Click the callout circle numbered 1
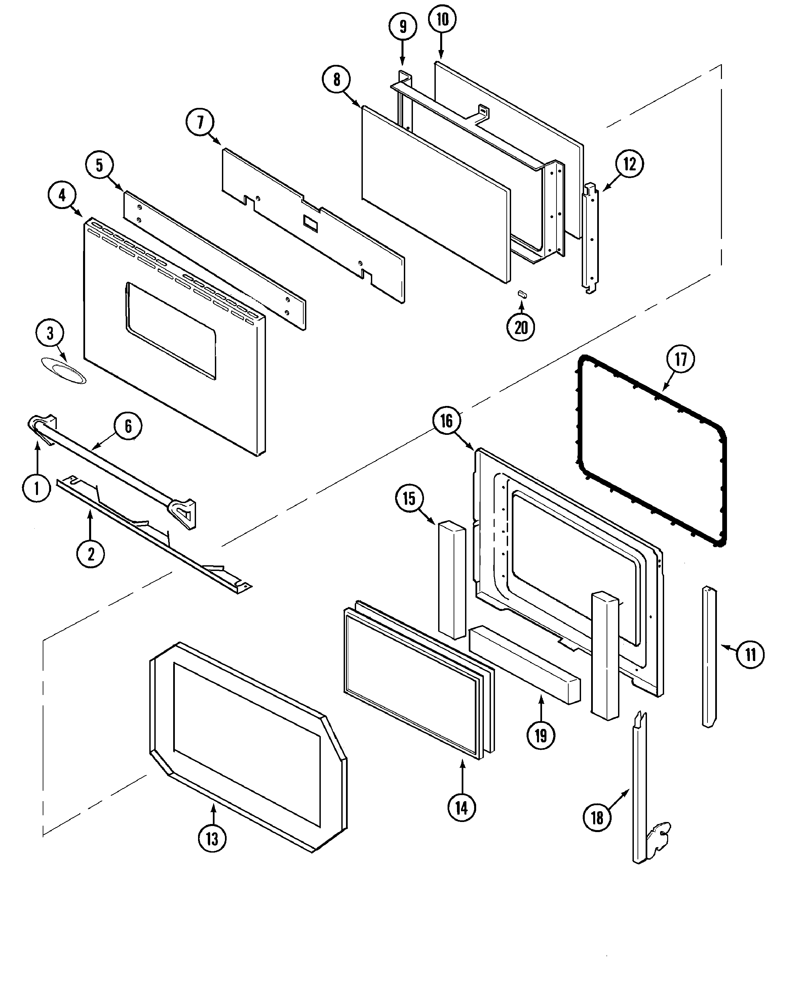click(37, 488)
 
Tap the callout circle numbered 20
click(521, 328)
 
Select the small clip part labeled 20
click(522, 294)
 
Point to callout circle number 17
click(680, 359)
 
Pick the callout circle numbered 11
click(750, 654)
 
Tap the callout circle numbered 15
click(409, 499)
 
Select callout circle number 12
click(629, 164)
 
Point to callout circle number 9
click(402, 27)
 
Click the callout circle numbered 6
click(128, 426)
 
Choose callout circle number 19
click(541, 735)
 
